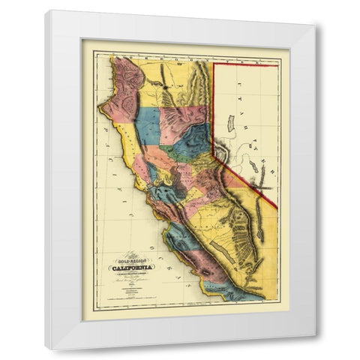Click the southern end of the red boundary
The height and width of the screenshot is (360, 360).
[275, 208]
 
